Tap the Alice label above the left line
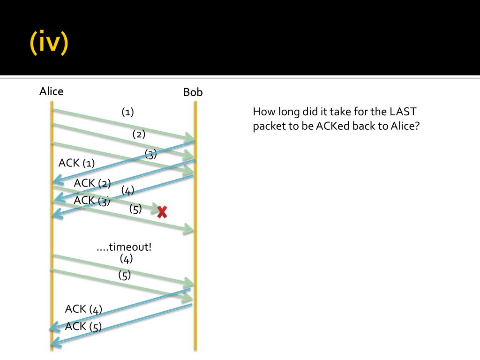pyautogui.click(x=52, y=91)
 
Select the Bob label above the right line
pyautogui.click(x=193, y=92)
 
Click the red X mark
pyautogui.click(x=162, y=211)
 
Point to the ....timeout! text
pyautogui.click(x=124, y=247)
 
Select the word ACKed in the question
pyautogui.click(x=333, y=126)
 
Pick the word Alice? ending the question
pyautogui.click(x=405, y=126)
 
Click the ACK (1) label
pyautogui.click(x=76, y=163)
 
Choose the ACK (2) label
pyautogui.click(x=92, y=183)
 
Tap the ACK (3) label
pyautogui.click(x=92, y=201)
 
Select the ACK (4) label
pyautogui.click(x=83, y=309)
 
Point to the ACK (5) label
pyautogui.click(x=83, y=326)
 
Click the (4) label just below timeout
pyautogui.click(x=126, y=259)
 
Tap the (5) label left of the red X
pyautogui.click(x=135, y=209)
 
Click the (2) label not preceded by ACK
pyautogui.click(x=139, y=134)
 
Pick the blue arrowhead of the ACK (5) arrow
pyautogui.click(x=56, y=345)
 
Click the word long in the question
pyautogui.click(x=289, y=112)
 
